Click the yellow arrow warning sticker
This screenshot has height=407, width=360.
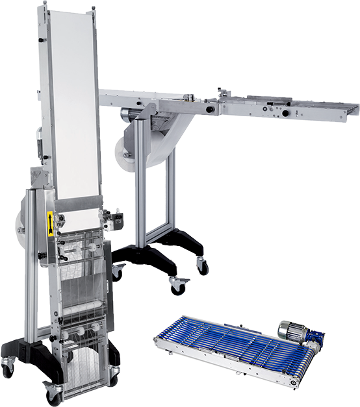(x=49, y=225)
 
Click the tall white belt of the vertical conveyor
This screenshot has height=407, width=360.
(x=71, y=104)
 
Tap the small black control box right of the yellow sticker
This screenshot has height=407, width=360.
(x=118, y=219)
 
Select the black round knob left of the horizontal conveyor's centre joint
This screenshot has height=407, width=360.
(x=210, y=110)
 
